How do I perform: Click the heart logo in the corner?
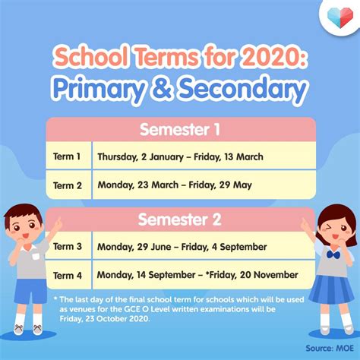pyautogui.click(x=340, y=17)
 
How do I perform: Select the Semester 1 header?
pyautogui.click(x=180, y=129)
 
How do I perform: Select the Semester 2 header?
pyautogui.click(x=180, y=219)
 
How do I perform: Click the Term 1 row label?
pyautogui.click(x=67, y=156)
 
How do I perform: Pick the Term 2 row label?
pyautogui.click(x=68, y=185)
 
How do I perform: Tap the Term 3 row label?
pyautogui.click(x=68, y=246)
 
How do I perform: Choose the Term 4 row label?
pyautogui.click(x=68, y=275)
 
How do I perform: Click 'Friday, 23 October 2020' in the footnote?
pyautogui.click(x=105, y=318)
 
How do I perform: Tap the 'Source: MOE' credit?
pyautogui.click(x=330, y=348)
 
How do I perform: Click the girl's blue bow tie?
pyautogui.click(x=333, y=254)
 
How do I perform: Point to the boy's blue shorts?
pyautogui.click(x=31, y=292)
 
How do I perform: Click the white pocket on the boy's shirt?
pyautogui.click(x=36, y=256)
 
